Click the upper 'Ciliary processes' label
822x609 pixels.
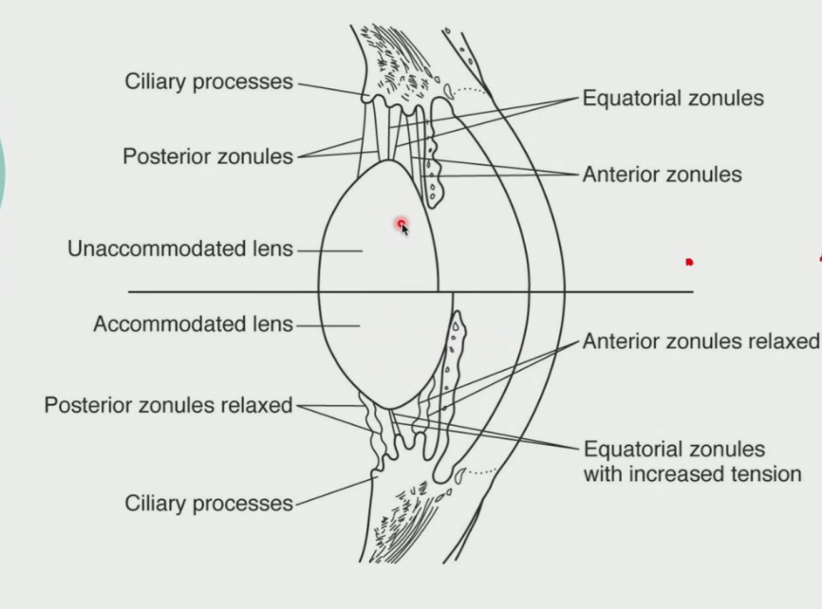tap(209, 82)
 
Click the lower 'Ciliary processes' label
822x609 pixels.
tap(209, 503)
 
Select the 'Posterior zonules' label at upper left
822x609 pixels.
tap(208, 157)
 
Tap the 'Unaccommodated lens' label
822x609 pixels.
tap(180, 249)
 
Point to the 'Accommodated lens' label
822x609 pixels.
tap(193, 324)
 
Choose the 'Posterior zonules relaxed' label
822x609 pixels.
tap(168, 406)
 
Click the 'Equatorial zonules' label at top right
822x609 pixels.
tap(672, 98)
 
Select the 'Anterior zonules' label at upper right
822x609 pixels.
tap(662, 175)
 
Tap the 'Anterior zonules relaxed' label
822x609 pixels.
tap(701, 341)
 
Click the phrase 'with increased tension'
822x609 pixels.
tap(692, 473)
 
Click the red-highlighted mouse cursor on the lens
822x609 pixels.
tap(402, 226)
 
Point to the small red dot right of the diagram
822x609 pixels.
tap(690, 262)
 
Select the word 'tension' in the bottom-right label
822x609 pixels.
tap(767, 473)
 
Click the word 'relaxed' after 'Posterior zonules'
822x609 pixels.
tap(256, 406)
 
